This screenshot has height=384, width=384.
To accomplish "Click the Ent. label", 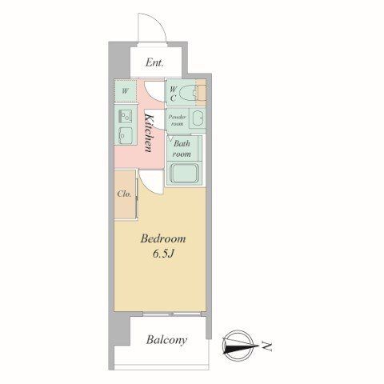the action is click(154, 63).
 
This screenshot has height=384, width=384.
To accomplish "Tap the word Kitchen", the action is click(149, 133).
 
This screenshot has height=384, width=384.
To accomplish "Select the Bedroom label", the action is click(163, 238).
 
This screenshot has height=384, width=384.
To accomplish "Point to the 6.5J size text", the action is click(163, 254).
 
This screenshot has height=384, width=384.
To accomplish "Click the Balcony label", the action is click(166, 340).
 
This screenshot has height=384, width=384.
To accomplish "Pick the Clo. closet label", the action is click(124, 194).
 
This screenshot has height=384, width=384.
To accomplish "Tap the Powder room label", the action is click(177, 120).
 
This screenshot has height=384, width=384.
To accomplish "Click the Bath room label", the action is click(182, 149).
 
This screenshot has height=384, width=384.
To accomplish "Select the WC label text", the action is click(173, 94).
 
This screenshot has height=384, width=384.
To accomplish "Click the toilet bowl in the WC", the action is click(187, 94).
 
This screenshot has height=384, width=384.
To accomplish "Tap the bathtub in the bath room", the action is click(183, 173).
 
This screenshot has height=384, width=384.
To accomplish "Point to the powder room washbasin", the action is click(198, 118).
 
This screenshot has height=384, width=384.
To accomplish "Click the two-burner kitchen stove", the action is click(125, 117).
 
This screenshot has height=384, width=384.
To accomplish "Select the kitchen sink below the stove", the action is click(125, 134).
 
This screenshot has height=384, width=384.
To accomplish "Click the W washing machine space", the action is click(125, 90).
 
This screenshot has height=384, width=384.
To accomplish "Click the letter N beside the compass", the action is click(266, 346).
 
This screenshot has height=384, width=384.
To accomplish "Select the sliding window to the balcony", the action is click(172, 314).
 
